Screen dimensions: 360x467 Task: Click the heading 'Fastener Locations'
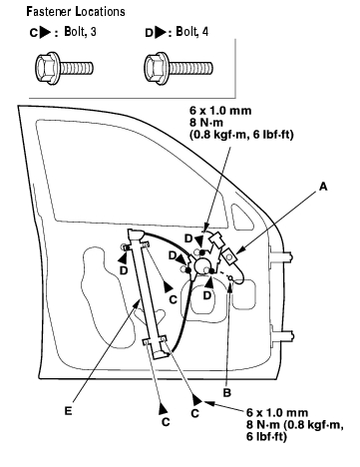point(76,12)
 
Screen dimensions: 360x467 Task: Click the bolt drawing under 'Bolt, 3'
point(64,68)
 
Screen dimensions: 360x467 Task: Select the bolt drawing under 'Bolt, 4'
point(179,68)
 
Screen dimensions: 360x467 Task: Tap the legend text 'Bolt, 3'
point(81,32)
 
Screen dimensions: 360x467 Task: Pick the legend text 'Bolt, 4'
point(192,32)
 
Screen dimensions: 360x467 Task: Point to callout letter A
point(323,187)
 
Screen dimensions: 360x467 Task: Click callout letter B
point(227,393)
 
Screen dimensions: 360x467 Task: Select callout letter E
point(68,411)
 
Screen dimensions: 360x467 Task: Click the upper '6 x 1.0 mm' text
point(220,111)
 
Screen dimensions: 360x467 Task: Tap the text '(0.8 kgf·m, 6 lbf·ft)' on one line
point(241,135)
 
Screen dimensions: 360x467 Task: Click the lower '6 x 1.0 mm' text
point(277,413)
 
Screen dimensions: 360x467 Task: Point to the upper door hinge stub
point(282,256)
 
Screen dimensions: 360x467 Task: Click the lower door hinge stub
point(282,336)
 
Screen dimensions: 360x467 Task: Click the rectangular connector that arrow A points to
point(230,256)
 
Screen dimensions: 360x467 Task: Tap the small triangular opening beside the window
point(240,217)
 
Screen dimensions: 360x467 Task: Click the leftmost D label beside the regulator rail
point(124,270)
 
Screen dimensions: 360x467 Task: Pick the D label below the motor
point(207,295)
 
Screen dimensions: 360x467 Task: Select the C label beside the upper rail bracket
point(174,299)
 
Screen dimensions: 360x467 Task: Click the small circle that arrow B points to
point(230,276)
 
